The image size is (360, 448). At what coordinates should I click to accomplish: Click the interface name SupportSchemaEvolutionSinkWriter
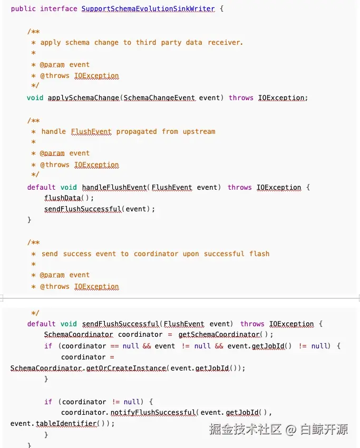click(x=148, y=9)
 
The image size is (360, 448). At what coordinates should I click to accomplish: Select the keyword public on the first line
click(x=23, y=9)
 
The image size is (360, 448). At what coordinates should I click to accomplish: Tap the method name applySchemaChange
click(x=83, y=98)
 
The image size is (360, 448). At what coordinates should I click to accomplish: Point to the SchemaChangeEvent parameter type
click(x=159, y=98)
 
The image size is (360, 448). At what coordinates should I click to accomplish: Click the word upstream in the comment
click(x=199, y=131)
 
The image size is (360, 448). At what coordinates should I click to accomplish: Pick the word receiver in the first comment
click(x=225, y=42)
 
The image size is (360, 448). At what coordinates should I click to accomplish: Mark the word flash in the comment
click(x=259, y=254)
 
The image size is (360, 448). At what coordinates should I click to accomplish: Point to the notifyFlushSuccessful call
click(x=153, y=413)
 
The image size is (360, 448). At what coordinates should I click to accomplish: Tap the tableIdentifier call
click(x=66, y=423)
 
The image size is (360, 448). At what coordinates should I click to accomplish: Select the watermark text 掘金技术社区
click(x=246, y=429)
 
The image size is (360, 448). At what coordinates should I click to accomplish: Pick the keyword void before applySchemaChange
click(x=35, y=98)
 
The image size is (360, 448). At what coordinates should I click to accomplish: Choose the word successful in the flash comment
click(x=224, y=254)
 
